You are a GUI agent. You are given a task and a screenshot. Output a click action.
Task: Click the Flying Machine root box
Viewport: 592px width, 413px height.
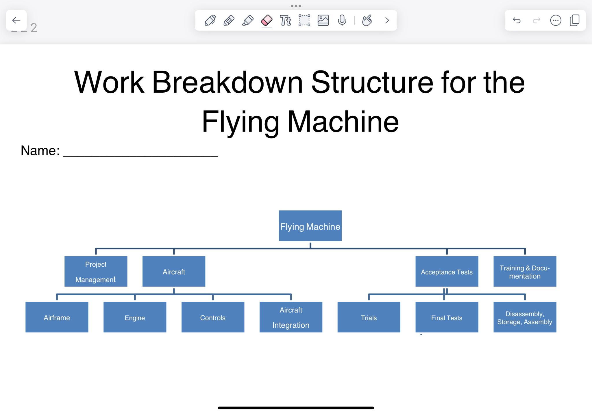(x=310, y=226)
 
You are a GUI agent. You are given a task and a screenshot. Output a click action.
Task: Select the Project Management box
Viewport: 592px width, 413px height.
(x=96, y=271)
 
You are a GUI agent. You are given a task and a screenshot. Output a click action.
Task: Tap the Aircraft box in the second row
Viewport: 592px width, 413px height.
(x=174, y=271)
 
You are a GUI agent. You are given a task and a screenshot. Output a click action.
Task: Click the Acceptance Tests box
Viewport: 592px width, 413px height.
(x=447, y=271)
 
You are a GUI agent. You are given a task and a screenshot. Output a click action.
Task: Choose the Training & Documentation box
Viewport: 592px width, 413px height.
(x=525, y=271)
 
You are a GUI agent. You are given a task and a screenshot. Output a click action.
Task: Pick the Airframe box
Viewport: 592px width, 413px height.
(x=57, y=317)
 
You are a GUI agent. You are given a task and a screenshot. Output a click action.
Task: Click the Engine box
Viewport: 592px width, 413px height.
(x=135, y=317)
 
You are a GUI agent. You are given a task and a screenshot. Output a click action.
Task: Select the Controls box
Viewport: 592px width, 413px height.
(x=213, y=317)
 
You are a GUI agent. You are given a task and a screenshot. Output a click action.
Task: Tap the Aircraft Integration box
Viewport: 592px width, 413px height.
(x=291, y=317)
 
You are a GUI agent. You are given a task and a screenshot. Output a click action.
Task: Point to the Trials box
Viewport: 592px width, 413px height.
(x=369, y=317)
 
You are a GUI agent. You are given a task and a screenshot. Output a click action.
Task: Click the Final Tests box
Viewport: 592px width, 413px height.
(x=447, y=317)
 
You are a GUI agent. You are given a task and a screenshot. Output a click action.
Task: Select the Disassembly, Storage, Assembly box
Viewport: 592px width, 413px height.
(x=525, y=317)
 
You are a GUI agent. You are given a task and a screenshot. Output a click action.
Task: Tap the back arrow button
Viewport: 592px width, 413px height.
(x=16, y=20)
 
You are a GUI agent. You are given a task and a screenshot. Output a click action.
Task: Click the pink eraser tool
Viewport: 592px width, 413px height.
(x=267, y=20)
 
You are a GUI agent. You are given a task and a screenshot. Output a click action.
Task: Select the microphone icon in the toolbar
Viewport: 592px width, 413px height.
(x=342, y=20)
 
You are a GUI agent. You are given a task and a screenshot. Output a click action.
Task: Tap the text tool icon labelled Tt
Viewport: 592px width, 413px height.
(x=285, y=20)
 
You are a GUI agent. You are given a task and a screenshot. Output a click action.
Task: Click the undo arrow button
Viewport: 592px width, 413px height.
(x=517, y=20)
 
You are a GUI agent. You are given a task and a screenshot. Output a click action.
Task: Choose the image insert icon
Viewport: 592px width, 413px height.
(x=323, y=20)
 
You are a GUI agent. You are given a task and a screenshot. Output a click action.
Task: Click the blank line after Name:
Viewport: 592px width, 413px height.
(x=140, y=152)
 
